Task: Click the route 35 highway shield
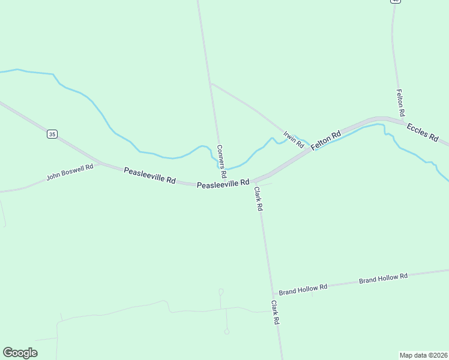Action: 52,134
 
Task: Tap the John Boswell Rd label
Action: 70,172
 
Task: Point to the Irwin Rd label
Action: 294,140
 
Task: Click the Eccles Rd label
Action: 423,131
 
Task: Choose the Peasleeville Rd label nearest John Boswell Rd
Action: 149,175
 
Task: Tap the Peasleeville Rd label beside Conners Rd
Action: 223,184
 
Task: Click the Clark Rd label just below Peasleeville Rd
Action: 258,199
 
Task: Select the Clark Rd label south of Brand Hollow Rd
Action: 276,313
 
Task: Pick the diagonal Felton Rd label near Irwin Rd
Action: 326,140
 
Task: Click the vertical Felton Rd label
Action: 401,103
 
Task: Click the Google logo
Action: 20,353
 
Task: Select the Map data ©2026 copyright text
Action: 424,355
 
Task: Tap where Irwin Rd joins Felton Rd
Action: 310,149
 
